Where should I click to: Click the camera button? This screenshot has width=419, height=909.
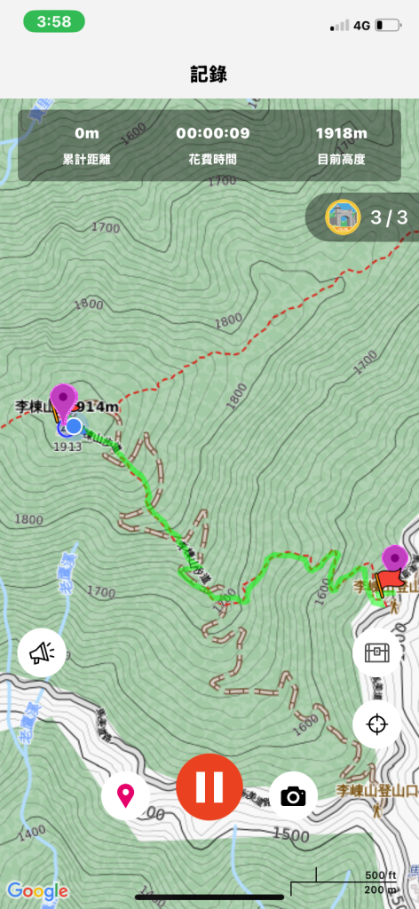293,795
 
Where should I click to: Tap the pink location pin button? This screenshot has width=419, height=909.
125,794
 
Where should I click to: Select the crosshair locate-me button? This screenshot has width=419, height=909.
376,723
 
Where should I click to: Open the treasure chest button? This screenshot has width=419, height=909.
376,653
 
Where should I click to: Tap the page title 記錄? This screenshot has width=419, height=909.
209,74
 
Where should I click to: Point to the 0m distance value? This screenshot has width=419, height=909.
87,134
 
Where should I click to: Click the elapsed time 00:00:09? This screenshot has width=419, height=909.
213,134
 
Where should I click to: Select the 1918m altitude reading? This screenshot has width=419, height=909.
341,134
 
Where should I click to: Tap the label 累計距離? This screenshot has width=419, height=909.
87,160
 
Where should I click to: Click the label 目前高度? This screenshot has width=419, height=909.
341,160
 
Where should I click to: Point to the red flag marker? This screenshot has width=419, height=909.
387,581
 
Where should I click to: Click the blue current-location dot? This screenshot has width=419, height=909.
74,426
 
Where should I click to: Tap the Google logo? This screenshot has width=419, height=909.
37,890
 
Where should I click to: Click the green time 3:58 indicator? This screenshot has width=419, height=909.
55,22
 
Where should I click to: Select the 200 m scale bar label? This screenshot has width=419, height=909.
380,889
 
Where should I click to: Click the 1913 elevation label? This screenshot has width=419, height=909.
67,447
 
